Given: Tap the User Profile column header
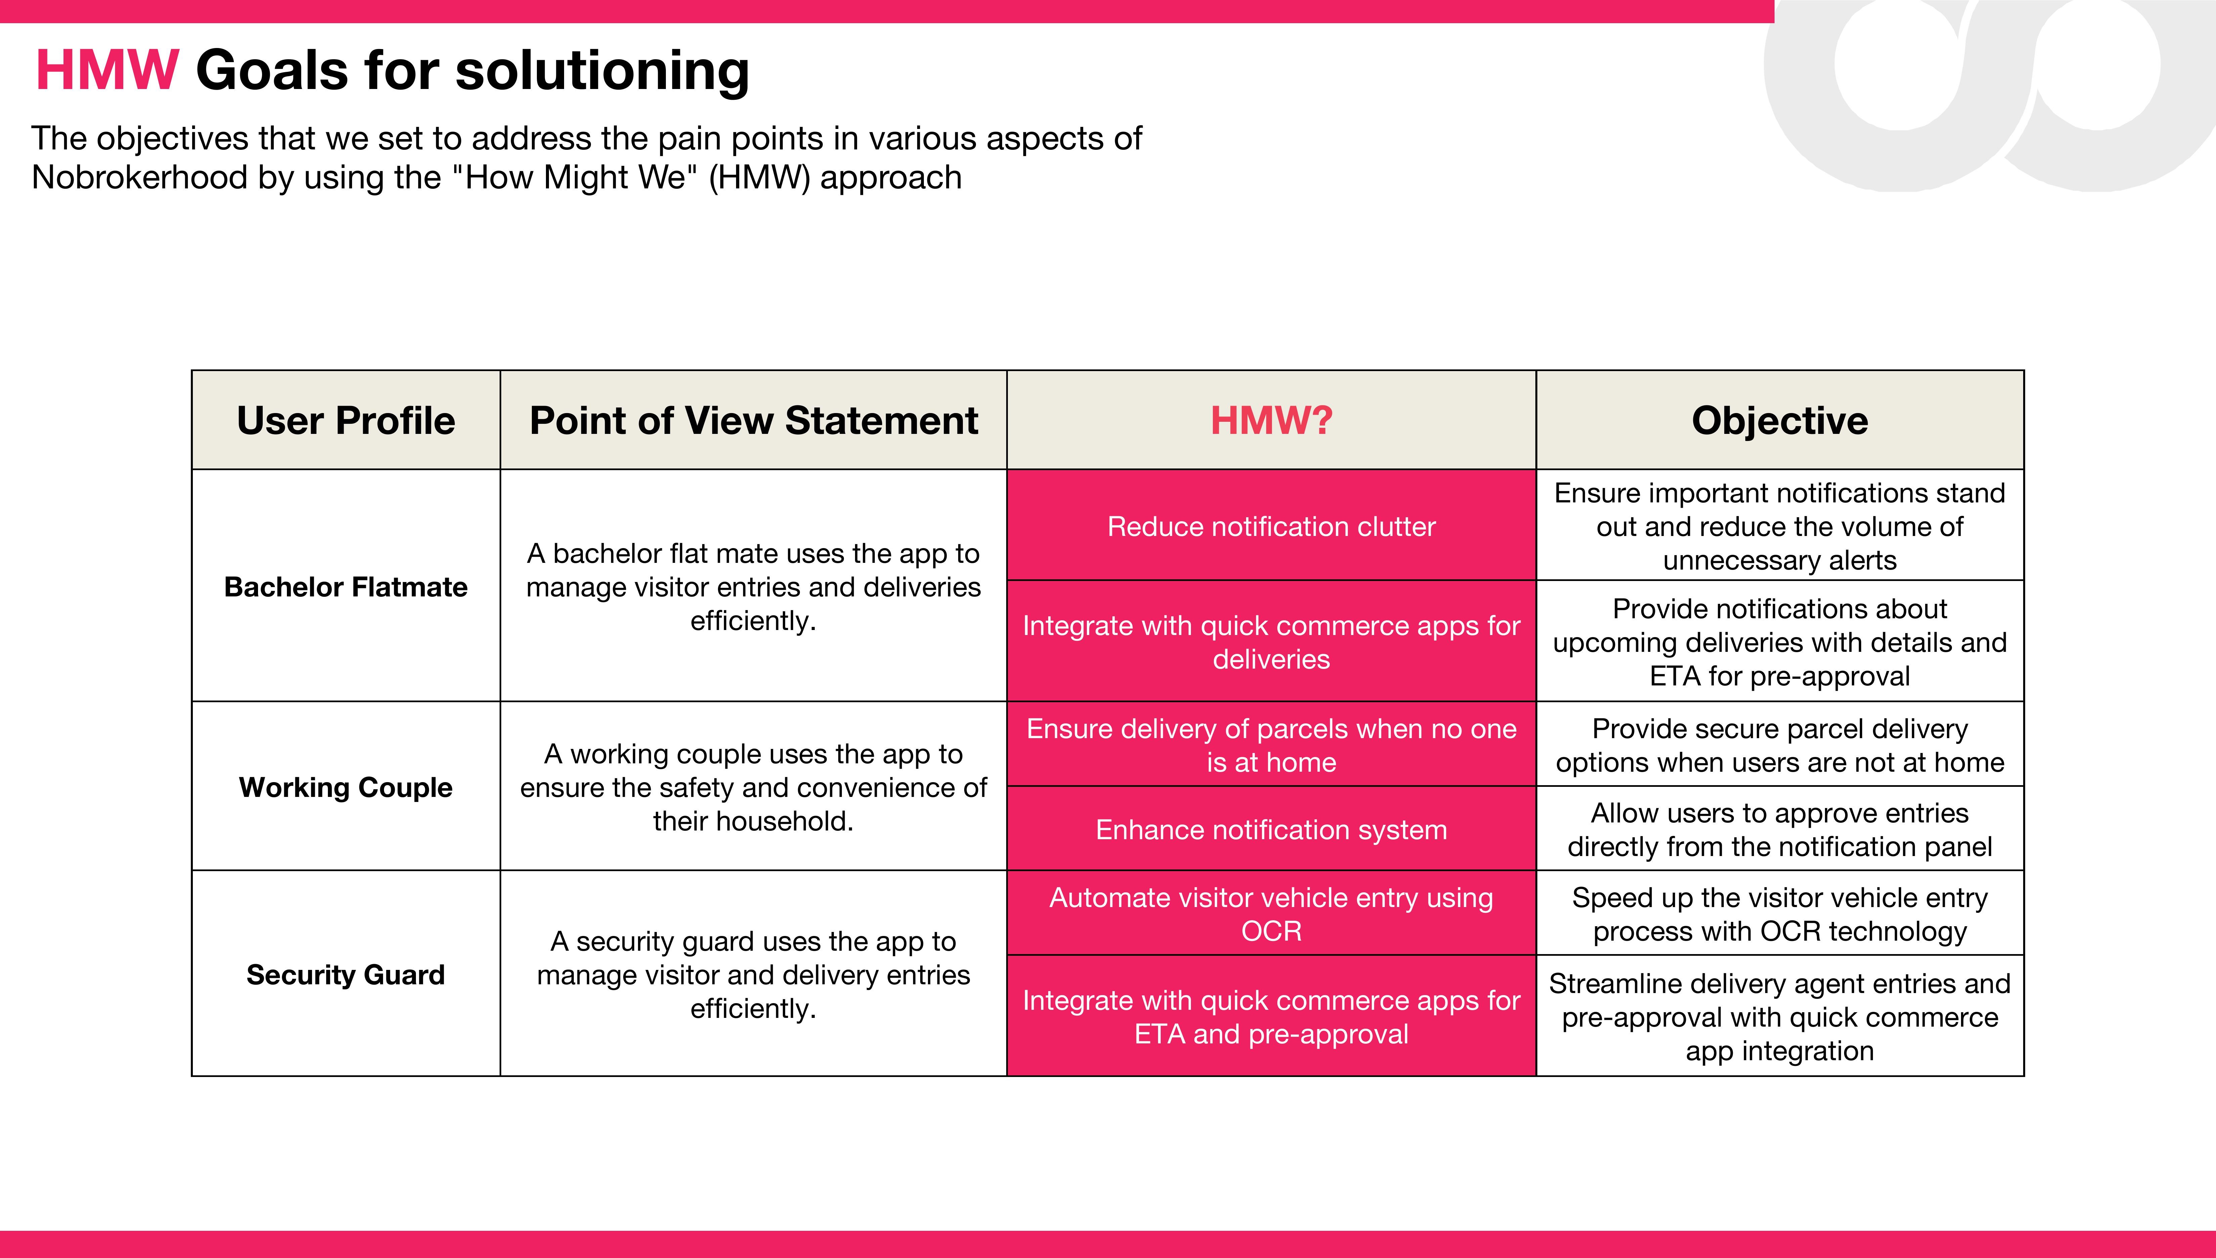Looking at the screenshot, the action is (x=346, y=421).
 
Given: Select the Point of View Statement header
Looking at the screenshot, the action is (x=754, y=421).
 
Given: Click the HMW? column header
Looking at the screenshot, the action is (x=1271, y=421).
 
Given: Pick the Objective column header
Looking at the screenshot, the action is (x=1780, y=421).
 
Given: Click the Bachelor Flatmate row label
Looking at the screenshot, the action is (x=346, y=587).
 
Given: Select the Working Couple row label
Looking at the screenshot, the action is (x=346, y=787).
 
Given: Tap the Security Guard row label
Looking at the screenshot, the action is (x=346, y=975).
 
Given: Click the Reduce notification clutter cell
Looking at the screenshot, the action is (x=1271, y=526).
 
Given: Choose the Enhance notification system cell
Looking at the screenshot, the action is (x=1271, y=829).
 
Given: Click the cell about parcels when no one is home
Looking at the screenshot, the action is (x=1271, y=745).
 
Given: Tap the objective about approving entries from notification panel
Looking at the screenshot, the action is (x=1780, y=829).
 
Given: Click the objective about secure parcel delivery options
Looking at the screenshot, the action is (x=1780, y=745).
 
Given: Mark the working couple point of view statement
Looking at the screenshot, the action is (x=754, y=787).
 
